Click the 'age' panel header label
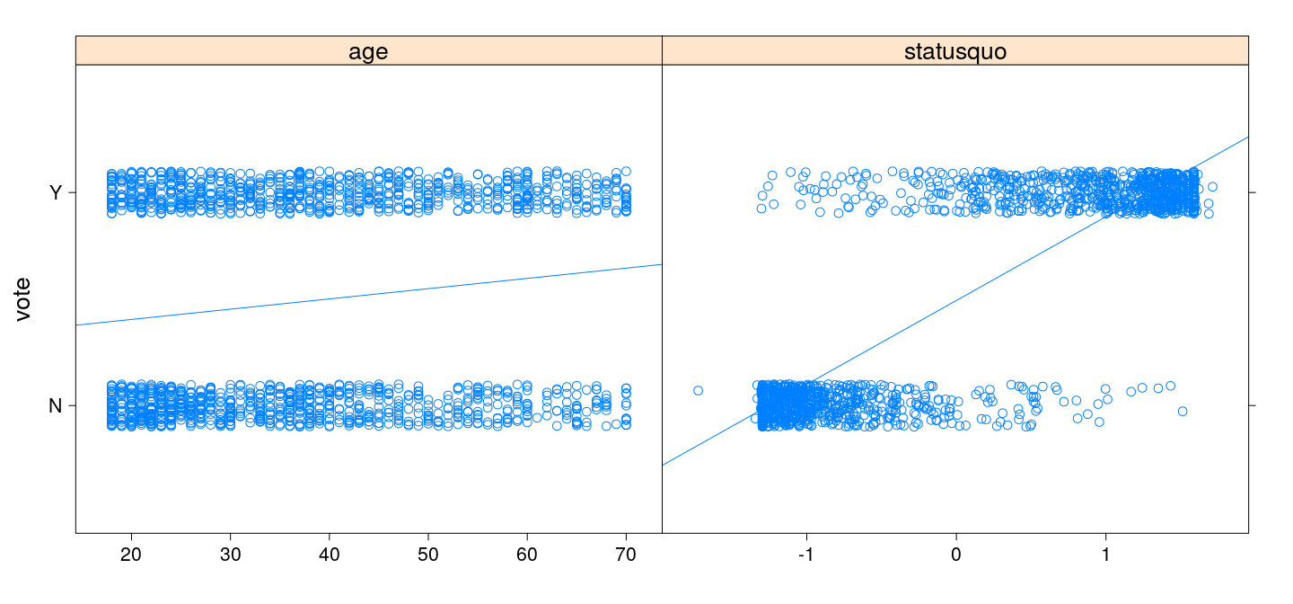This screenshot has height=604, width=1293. (x=368, y=51)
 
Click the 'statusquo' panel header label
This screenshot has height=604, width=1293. (x=954, y=51)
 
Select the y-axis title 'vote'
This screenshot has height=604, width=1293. (x=24, y=298)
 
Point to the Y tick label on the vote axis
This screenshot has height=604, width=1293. (x=56, y=192)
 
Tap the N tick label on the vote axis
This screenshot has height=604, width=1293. (x=56, y=405)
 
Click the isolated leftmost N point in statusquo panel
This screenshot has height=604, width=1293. (x=698, y=390)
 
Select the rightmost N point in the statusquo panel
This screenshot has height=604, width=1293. (x=1183, y=411)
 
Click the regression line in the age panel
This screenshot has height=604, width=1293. (x=368, y=295)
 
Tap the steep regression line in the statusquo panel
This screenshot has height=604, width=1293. (x=954, y=301)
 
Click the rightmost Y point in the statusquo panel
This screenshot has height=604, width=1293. (x=1212, y=187)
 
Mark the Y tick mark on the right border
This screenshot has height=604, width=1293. (x=1253, y=192)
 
